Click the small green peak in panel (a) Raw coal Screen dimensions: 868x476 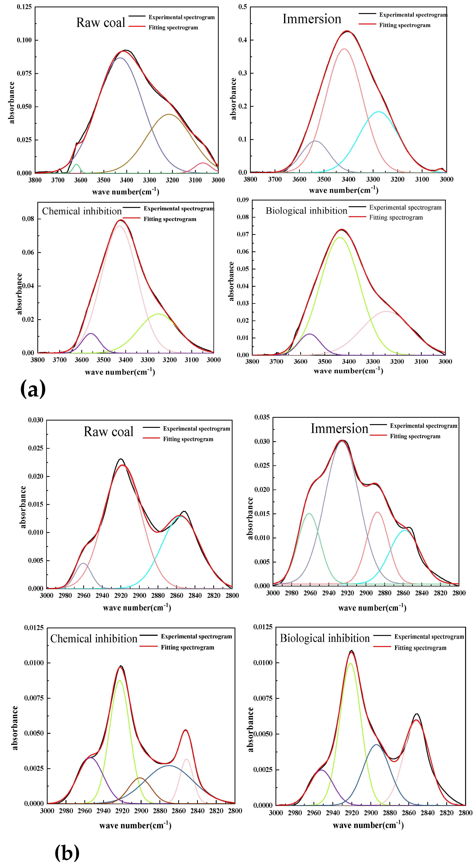[x=77, y=165]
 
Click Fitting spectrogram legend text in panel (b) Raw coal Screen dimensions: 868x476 [x=188, y=439]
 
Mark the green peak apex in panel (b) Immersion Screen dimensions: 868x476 [x=309, y=513]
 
